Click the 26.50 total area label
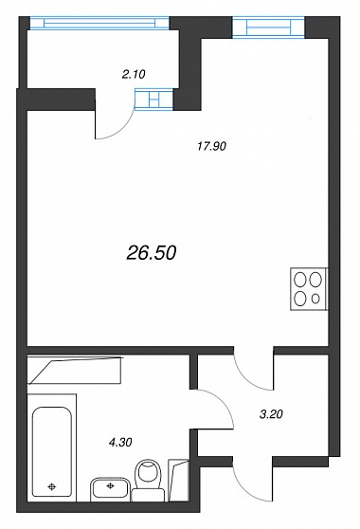click(x=152, y=253)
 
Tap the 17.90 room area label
click(x=211, y=146)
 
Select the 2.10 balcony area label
click(x=134, y=74)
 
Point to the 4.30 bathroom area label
click(x=120, y=442)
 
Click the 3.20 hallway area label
click(x=271, y=414)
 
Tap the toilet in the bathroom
click(x=149, y=480)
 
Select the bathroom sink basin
click(x=110, y=488)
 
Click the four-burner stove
click(x=309, y=289)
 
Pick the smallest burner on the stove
click(x=315, y=299)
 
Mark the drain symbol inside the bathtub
click(x=51, y=486)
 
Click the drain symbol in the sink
click(x=110, y=485)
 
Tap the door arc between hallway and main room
click(x=248, y=376)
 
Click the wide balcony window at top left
click(x=99, y=23)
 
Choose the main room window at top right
click(x=269, y=27)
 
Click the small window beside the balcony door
click(x=154, y=100)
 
